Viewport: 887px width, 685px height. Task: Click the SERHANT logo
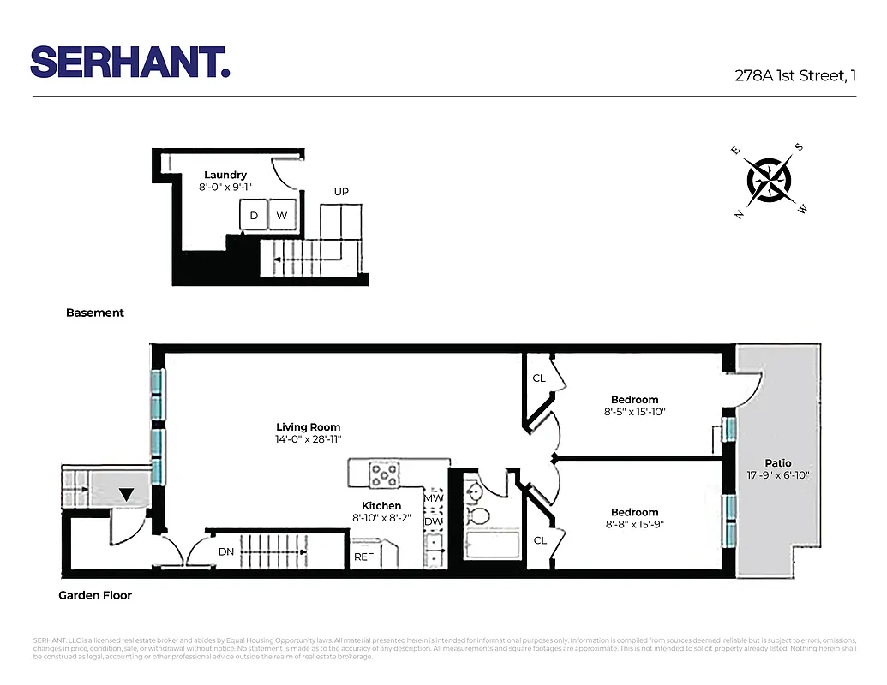tap(130, 62)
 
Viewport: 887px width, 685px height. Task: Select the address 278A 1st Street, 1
tap(795, 75)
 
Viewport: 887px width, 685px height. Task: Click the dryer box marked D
tap(254, 216)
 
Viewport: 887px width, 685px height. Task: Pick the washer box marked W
tap(282, 216)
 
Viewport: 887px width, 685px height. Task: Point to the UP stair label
tap(341, 192)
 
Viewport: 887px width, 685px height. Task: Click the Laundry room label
tap(225, 175)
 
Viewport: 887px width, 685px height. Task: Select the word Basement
tap(95, 313)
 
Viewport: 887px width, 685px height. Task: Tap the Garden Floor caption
tap(95, 595)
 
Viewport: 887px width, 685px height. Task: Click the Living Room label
tap(308, 427)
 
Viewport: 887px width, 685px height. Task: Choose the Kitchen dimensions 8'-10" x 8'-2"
tap(381, 518)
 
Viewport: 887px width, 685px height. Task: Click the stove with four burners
tap(385, 474)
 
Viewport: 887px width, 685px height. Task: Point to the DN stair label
tap(226, 552)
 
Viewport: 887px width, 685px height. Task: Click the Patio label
tap(778, 463)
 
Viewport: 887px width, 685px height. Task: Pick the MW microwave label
tap(434, 497)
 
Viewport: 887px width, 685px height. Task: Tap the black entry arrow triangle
tap(126, 494)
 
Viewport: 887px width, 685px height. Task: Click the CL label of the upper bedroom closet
tap(539, 378)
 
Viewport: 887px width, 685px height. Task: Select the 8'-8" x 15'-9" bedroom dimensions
tap(635, 525)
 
